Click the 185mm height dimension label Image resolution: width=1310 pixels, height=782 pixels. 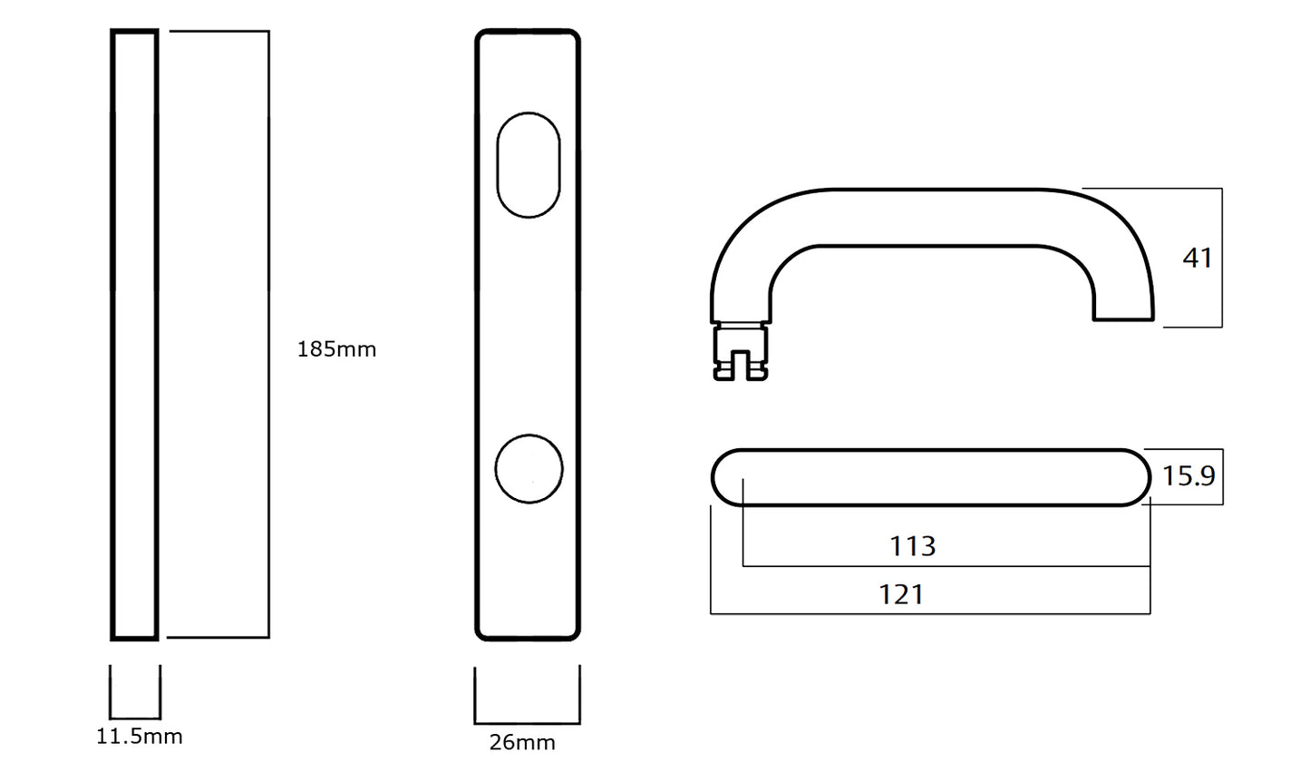(336, 349)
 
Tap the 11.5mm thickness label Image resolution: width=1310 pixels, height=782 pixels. (139, 736)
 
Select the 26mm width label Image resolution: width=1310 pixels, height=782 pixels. (522, 742)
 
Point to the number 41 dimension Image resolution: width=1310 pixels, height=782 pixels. (1197, 259)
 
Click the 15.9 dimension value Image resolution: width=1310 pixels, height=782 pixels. (1189, 476)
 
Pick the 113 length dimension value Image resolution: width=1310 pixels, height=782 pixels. (912, 546)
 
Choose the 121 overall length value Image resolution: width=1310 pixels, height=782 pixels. (901, 595)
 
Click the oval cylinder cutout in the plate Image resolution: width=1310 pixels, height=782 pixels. (529, 164)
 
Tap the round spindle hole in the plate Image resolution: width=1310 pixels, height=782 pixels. (529, 469)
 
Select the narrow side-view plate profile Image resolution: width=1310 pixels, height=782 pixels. (135, 335)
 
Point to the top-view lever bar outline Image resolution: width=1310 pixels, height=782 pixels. (930, 477)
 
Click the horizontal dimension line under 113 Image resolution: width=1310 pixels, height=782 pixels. (946, 566)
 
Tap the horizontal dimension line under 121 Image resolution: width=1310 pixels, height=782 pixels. (930, 614)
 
